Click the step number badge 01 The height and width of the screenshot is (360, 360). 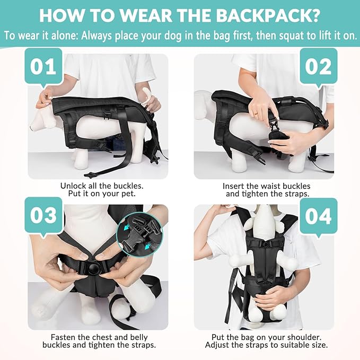[x=43, y=68]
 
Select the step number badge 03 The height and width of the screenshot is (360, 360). [x=43, y=215]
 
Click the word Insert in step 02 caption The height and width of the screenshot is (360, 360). [x=234, y=186]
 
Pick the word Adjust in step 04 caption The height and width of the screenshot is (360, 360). [x=218, y=346]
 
